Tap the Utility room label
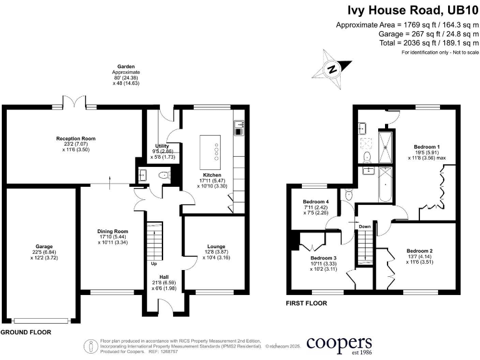(162, 146)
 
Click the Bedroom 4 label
(316, 202)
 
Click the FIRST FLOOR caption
(306, 304)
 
